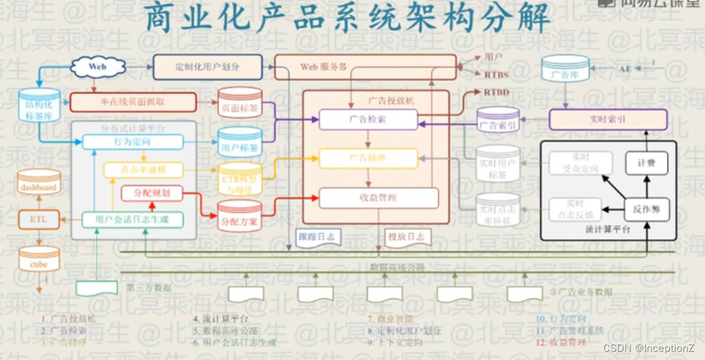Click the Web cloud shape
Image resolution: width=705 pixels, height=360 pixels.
98,67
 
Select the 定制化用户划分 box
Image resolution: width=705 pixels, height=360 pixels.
207,67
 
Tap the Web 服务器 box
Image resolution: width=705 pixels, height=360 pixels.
365,68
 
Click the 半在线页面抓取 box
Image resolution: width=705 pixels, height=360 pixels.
133,102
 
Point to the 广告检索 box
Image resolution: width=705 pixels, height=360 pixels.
367,120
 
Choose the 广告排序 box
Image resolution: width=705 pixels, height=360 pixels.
367,158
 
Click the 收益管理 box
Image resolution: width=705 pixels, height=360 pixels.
378,197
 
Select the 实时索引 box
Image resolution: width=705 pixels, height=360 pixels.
608,119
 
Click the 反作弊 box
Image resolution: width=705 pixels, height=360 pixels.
646,209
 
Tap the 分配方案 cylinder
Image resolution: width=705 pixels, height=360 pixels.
239,218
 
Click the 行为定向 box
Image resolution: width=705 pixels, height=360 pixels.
133,142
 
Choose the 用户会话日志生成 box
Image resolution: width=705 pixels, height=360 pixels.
133,219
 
